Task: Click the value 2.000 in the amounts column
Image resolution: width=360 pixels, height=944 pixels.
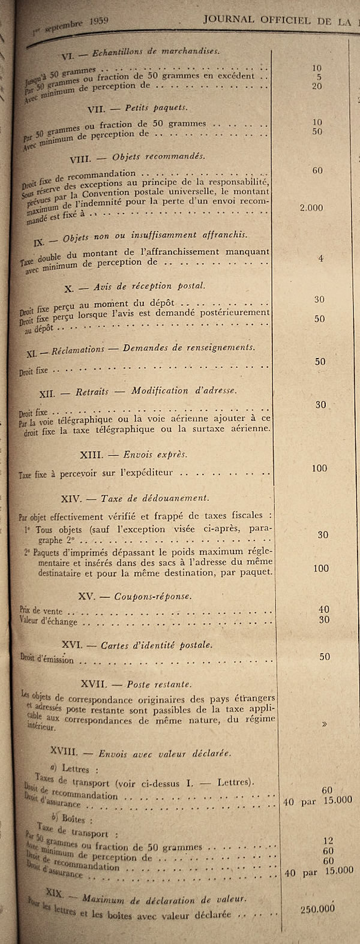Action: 311,208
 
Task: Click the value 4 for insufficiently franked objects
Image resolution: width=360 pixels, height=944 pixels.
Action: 321,258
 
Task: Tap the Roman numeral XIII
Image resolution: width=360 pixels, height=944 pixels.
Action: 91,454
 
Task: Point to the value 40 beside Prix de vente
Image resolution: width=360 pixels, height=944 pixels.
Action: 323,610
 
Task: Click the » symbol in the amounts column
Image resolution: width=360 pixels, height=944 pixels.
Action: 325,724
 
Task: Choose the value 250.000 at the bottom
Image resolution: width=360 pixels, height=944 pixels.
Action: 317,909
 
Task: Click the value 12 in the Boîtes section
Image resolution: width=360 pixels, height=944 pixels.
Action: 328,841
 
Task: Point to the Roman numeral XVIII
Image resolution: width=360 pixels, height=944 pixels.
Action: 64,751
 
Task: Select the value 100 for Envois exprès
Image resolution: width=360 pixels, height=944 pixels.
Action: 320,468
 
